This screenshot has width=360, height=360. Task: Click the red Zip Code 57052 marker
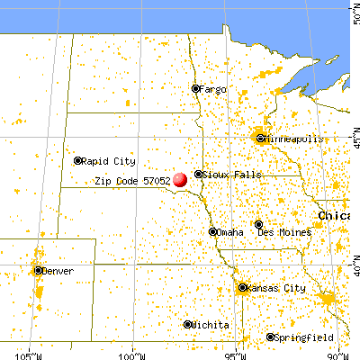180,180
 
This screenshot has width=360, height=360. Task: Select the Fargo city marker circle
195,88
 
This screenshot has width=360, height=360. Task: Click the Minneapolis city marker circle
260,139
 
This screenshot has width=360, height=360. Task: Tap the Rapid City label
109,161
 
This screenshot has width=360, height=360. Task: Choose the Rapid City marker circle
78,161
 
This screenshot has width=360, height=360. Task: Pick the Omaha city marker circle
213,231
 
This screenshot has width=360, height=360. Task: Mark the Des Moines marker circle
259,224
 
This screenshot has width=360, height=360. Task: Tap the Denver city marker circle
38,270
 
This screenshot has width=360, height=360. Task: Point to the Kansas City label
278,289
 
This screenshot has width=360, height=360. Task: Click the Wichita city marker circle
187,324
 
